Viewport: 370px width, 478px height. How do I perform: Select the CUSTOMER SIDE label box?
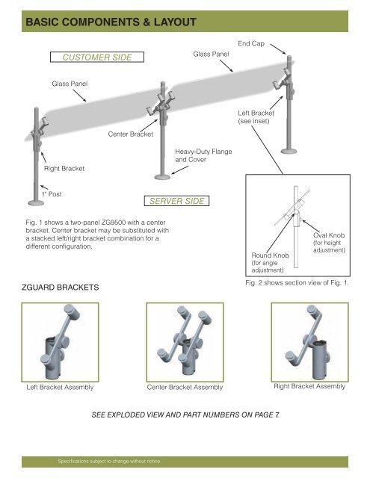pos(97,57)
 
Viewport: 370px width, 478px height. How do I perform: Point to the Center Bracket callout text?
pos(130,134)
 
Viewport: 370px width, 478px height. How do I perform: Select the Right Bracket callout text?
pos(63,169)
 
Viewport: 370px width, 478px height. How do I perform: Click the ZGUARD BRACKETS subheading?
pos(59,285)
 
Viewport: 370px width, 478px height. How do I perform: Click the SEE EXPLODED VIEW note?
pos(185,413)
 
